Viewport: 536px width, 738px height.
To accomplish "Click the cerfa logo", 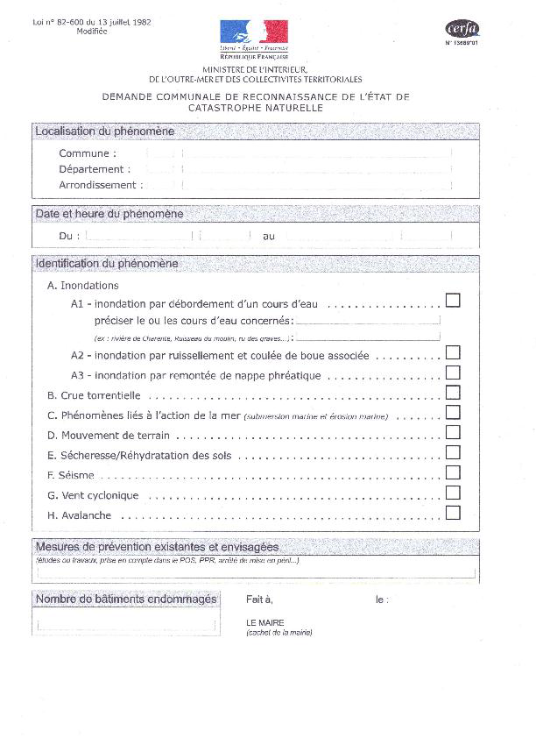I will (x=462, y=29).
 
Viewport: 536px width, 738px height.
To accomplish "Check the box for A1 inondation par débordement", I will (x=453, y=301).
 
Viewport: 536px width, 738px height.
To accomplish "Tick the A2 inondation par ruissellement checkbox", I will (x=453, y=352).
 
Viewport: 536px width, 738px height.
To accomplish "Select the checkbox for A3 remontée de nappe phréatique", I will (x=453, y=373).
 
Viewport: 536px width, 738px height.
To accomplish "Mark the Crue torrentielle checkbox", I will (x=453, y=393).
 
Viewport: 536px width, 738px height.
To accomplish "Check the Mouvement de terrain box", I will (x=453, y=432).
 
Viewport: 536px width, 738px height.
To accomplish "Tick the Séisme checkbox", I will (x=453, y=472).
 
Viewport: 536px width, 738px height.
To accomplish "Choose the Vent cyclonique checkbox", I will (x=453, y=493).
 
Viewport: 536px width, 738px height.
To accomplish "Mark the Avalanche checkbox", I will (x=453, y=513).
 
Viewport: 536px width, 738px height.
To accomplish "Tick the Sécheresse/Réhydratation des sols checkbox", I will (x=453, y=452).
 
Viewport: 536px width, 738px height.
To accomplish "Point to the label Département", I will (x=95, y=169).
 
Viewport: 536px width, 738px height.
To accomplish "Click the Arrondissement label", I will (x=97, y=185).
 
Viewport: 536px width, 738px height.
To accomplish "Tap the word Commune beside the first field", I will (x=87, y=153).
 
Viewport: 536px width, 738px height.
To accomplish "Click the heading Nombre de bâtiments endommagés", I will (x=125, y=600).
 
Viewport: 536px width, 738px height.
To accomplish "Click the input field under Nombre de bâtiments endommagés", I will (x=126, y=624).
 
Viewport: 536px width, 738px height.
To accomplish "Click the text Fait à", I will (x=259, y=600).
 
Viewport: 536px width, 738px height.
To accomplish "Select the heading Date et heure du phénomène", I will (x=109, y=214).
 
